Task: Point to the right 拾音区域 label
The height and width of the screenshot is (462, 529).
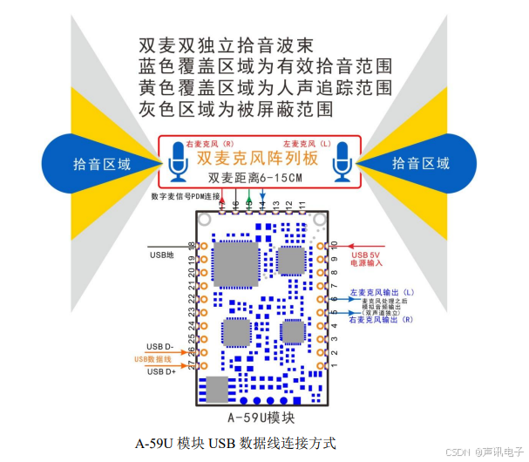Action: [x=421, y=163]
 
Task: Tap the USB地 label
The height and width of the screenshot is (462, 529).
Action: [x=163, y=255]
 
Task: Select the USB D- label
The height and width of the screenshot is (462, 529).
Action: [x=160, y=345]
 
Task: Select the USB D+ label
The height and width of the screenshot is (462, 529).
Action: [x=160, y=372]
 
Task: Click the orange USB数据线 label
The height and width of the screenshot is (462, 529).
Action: [x=154, y=359]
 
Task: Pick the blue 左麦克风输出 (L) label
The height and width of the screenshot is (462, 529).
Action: [x=381, y=292]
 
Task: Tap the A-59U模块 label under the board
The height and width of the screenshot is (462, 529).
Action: [x=261, y=416]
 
